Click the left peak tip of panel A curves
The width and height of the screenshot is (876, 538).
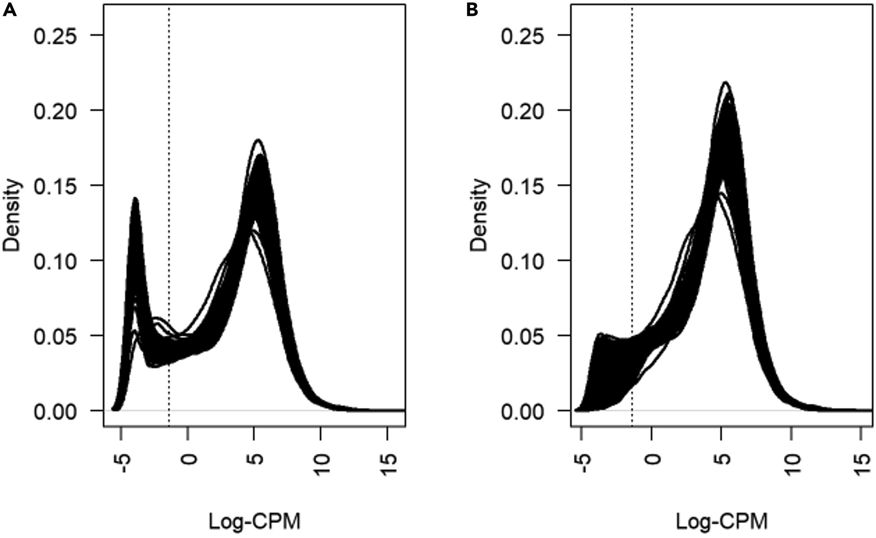coord(135,198)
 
